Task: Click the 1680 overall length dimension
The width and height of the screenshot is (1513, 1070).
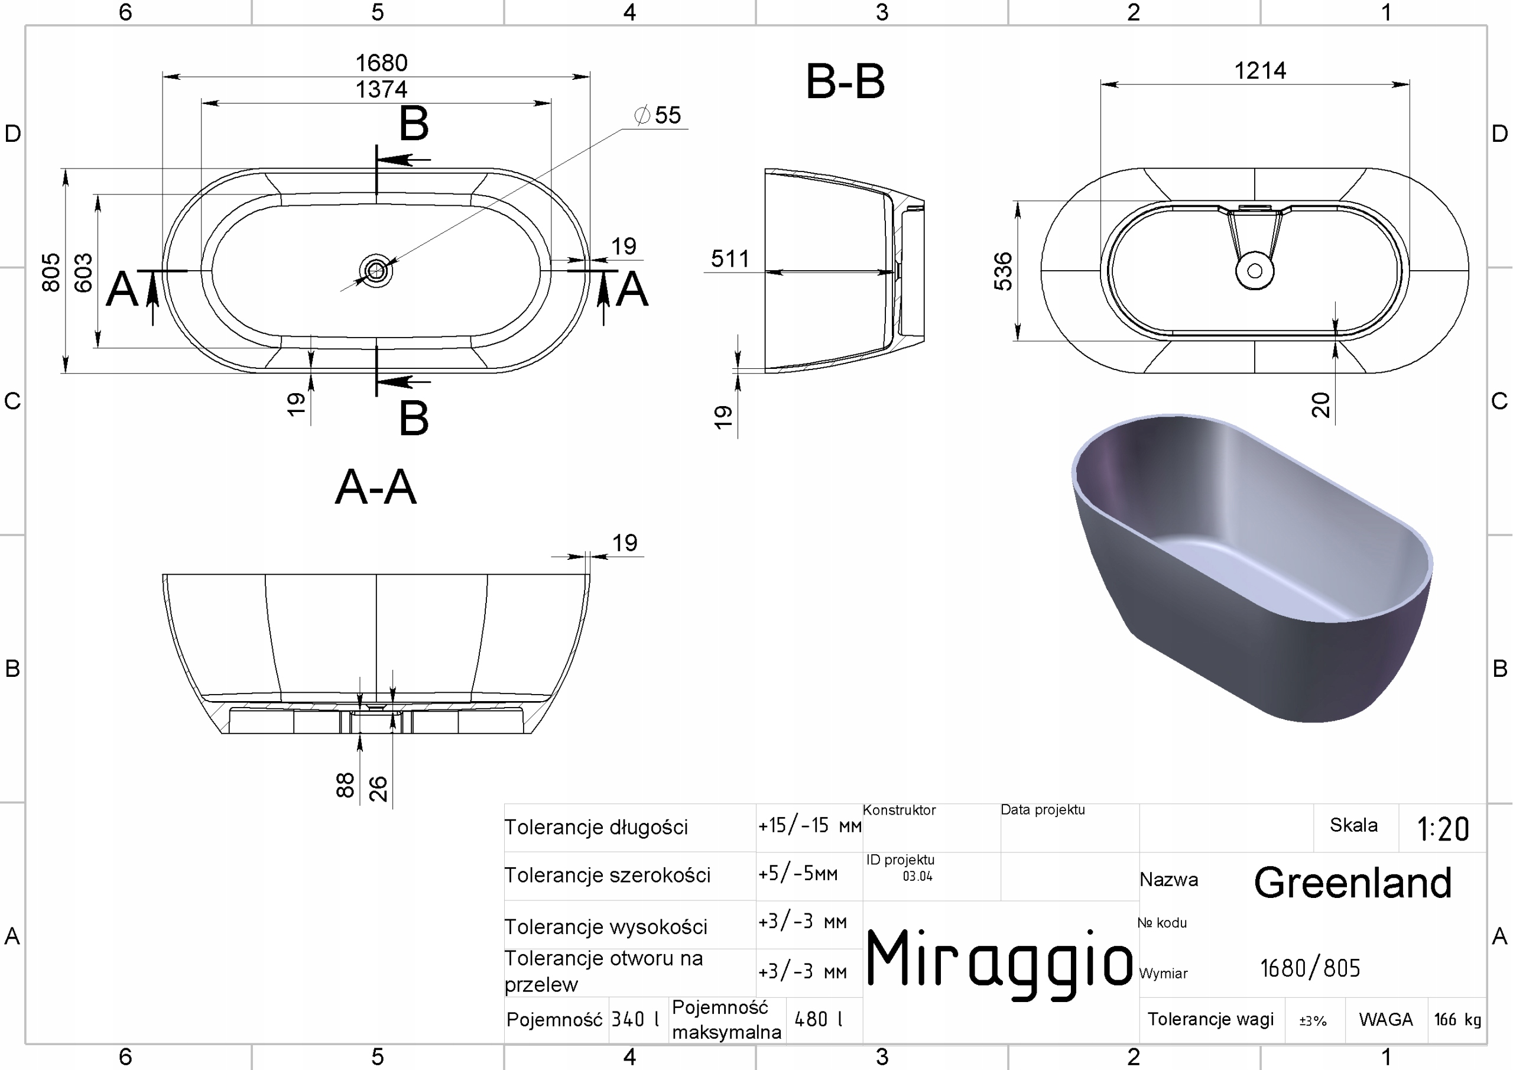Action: coord(382,63)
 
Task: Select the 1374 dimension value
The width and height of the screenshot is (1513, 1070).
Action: coord(382,90)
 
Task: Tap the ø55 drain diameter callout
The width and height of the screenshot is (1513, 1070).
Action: coord(658,115)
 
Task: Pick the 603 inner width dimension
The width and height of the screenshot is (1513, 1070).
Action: coord(83,273)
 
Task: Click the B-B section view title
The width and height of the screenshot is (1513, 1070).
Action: coord(846,82)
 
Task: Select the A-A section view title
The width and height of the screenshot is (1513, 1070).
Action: coord(376,487)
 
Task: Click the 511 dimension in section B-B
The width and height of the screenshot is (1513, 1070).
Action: coord(730,258)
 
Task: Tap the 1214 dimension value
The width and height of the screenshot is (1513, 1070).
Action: coord(1260,70)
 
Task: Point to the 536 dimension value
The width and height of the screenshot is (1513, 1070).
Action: coord(1003,271)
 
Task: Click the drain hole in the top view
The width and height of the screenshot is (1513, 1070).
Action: coord(376,270)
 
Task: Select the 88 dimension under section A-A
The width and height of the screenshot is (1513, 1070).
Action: coord(345,785)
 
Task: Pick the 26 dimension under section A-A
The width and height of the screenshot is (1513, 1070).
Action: coord(378,789)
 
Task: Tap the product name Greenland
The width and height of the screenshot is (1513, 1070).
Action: coord(1353,883)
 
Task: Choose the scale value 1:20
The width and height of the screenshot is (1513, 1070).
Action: coord(1443,829)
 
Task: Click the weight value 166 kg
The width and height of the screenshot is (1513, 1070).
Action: coord(1457,1020)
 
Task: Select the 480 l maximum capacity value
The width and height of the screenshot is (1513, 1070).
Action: coord(819,1020)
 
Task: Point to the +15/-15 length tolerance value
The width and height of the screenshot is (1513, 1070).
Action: coord(810,825)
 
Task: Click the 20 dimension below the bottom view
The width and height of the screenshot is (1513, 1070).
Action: coord(1320,405)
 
